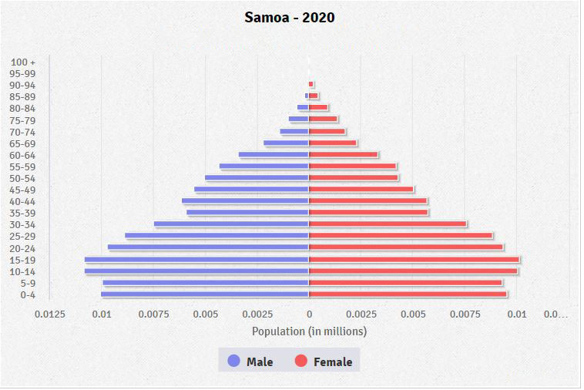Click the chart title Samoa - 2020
(290, 17)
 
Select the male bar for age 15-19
(196, 260)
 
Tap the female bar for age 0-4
(408, 294)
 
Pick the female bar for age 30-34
(388, 224)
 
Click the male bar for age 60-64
(274, 155)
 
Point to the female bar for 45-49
(361, 190)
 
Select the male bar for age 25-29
(216, 236)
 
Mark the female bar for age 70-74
(327, 132)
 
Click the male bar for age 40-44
(245, 201)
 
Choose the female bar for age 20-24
(405, 247)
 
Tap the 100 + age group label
(24, 62)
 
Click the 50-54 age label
(23, 178)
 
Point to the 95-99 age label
(23, 73)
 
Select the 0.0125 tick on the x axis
(49, 314)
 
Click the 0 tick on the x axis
(309, 314)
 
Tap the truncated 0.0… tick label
(555, 314)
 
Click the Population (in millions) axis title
(309, 331)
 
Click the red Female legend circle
(301, 361)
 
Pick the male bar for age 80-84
(303, 108)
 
